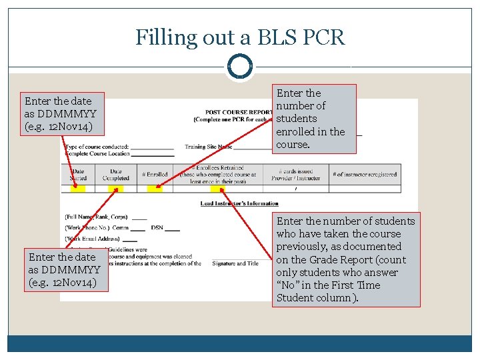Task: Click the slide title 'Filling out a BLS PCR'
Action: [x=240, y=37]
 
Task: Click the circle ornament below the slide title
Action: [x=240, y=67]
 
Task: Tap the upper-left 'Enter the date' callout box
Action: [x=64, y=114]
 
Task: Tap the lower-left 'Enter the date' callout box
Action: [x=64, y=269]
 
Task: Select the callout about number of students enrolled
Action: [x=314, y=119]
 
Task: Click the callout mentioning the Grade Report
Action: [x=346, y=259]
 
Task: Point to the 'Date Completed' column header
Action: [x=115, y=175]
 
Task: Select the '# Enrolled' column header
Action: [x=155, y=175]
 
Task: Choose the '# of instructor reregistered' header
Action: [x=365, y=175]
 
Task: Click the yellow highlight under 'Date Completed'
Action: [x=116, y=189]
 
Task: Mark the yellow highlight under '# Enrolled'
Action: [x=155, y=189]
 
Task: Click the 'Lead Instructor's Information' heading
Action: [x=239, y=203]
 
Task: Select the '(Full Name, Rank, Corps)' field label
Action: [x=97, y=217]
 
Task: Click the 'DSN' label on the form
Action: [x=157, y=228]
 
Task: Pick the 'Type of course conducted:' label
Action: [x=97, y=147]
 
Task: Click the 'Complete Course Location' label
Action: [x=97, y=153]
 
